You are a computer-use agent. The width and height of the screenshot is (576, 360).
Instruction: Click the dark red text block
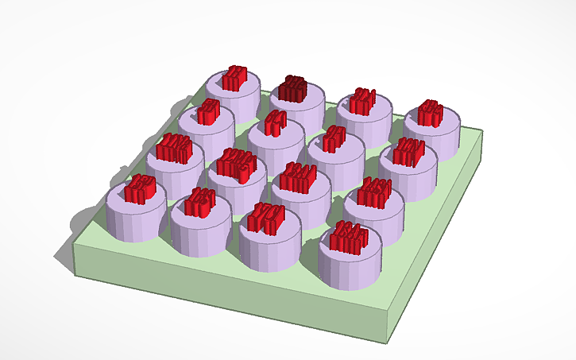click(295, 88)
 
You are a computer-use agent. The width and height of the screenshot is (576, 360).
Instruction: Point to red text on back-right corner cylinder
click(431, 112)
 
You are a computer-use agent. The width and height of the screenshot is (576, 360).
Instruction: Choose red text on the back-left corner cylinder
click(234, 78)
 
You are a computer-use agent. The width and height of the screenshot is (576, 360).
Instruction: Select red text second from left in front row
click(200, 203)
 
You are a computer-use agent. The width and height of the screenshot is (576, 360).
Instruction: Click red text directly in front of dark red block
click(274, 122)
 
